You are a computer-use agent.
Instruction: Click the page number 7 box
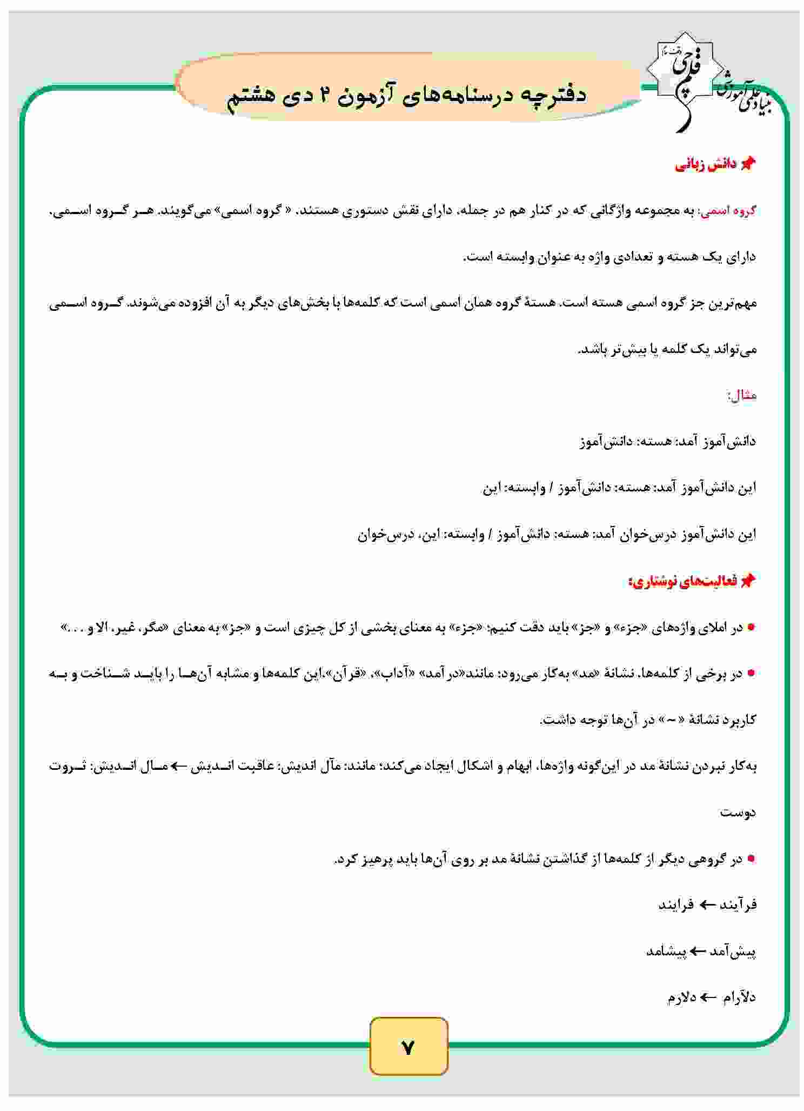(409, 1047)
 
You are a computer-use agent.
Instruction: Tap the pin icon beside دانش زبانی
(748, 165)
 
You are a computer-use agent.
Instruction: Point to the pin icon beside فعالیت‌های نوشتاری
(748, 581)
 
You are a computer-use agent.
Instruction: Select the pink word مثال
(742, 396)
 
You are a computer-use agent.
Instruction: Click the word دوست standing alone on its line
(738, 812)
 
